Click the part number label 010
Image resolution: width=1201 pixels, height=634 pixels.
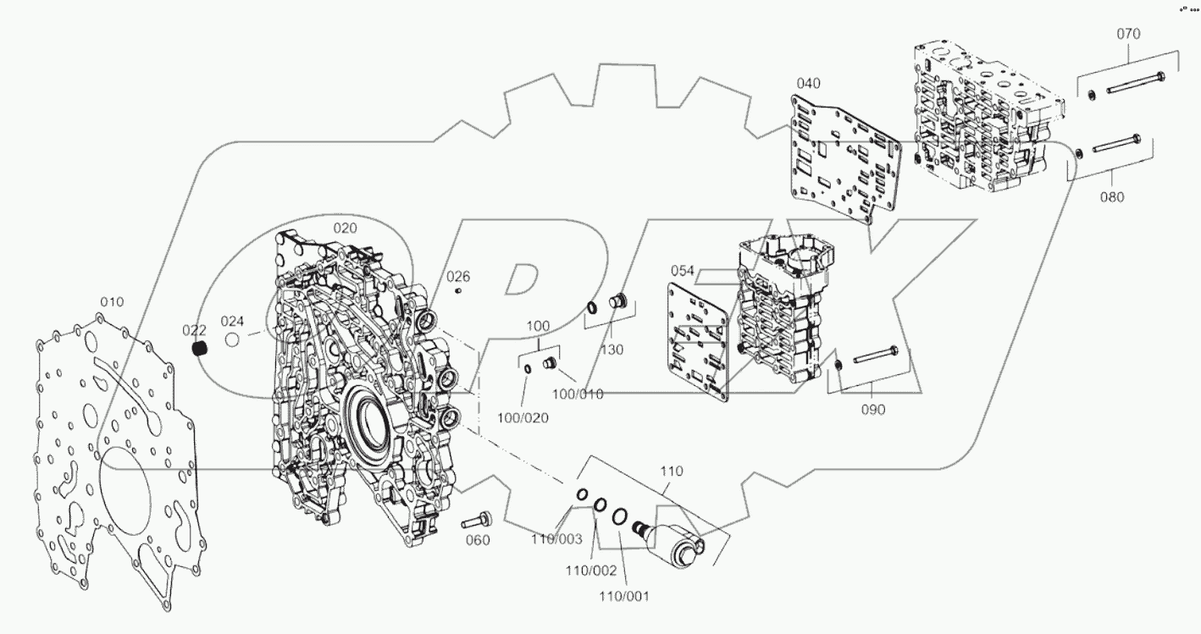point(112,301)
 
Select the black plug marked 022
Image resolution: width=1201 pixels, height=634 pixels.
point(199,349)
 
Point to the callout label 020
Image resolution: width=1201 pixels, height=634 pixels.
point(345,228)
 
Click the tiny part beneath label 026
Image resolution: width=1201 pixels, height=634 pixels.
point(458,291)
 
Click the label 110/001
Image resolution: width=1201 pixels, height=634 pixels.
point(625,596)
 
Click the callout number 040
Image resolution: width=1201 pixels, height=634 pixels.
point(809,83)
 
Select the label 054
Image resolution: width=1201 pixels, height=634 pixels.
point(683,270)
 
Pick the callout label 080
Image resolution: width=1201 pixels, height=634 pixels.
point(1112,197)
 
